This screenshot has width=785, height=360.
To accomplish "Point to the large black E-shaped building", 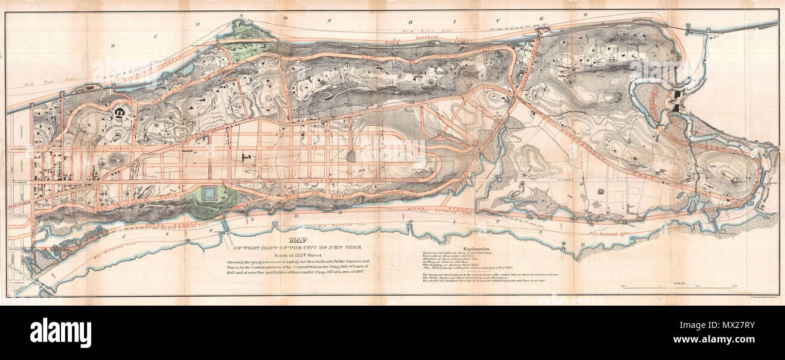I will click(120, 112).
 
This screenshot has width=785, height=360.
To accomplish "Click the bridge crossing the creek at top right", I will click(703, 30).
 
